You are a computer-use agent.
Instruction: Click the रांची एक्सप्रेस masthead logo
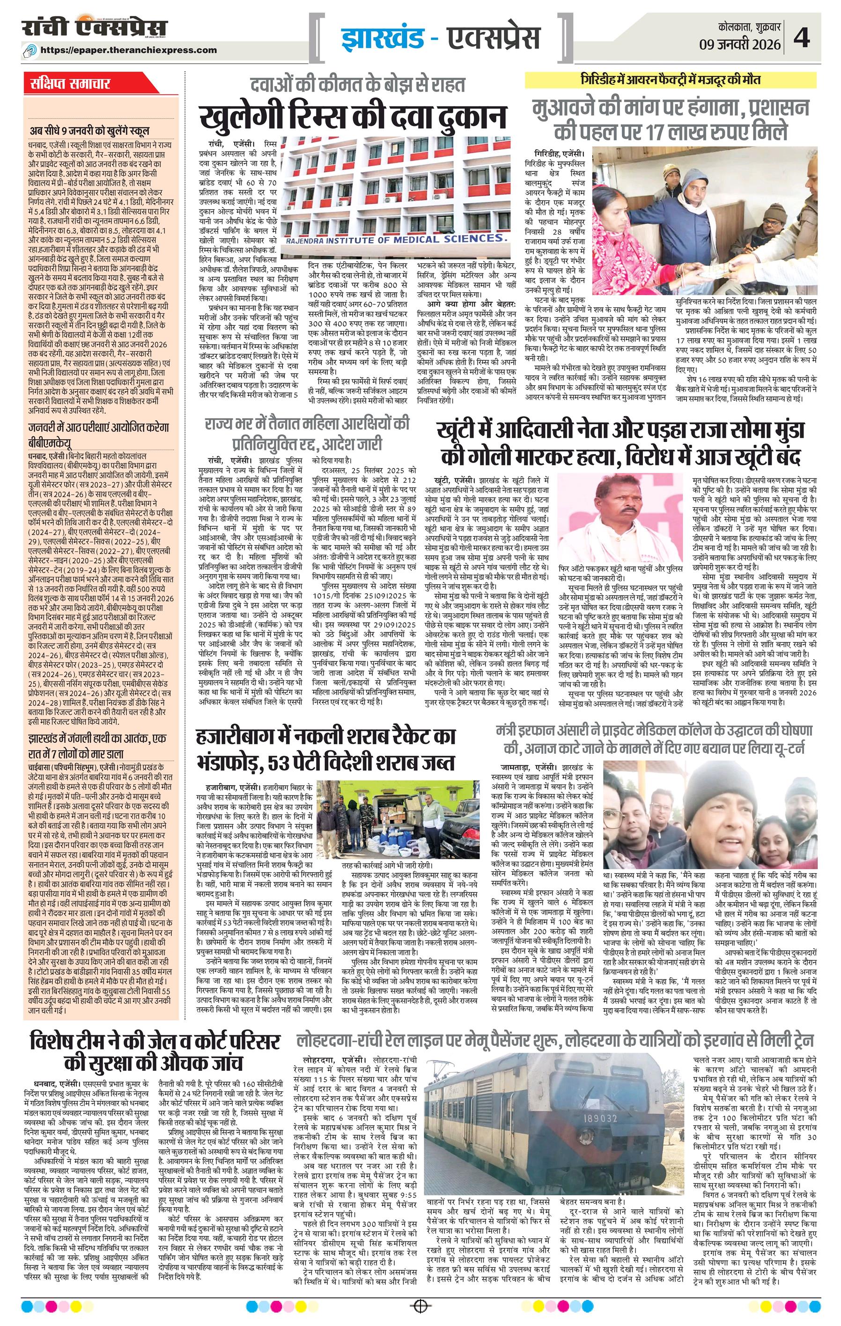pyautogui.click(x=95, y=29)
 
